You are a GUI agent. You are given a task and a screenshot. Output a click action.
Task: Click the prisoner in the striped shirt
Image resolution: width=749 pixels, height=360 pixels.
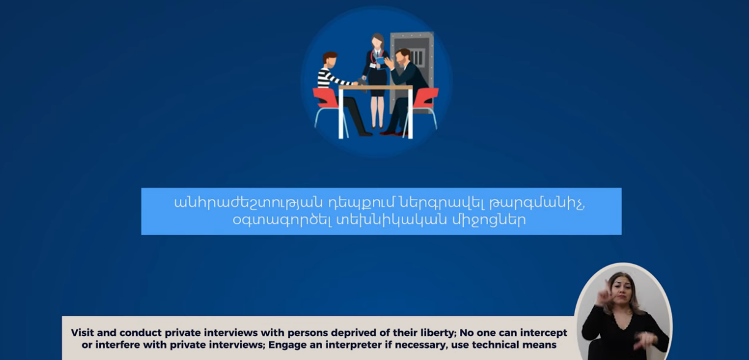click(x=337, y=90)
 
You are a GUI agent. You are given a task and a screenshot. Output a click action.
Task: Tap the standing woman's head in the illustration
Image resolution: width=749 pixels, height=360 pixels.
click(x=377, y=41)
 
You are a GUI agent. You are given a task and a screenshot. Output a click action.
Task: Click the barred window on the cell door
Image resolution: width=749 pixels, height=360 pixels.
click(x=418, y=58)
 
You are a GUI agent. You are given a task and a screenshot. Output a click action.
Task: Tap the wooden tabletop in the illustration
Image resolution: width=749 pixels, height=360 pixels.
click(x=375, y=88)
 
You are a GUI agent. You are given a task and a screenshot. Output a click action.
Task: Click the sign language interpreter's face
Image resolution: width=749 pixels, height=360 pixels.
click(x=622, y=288)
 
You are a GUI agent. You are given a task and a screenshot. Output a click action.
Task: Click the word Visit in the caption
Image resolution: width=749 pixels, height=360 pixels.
click(x=82, y=332)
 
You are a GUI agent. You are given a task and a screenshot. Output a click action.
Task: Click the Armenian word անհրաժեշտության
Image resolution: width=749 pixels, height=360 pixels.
click(x=249, y=203)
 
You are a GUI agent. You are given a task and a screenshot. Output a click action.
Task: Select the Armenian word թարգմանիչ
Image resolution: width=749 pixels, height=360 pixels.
click(x=537, y=203)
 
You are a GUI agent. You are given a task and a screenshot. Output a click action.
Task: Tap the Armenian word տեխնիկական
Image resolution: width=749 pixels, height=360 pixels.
click(x=391, y=220)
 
